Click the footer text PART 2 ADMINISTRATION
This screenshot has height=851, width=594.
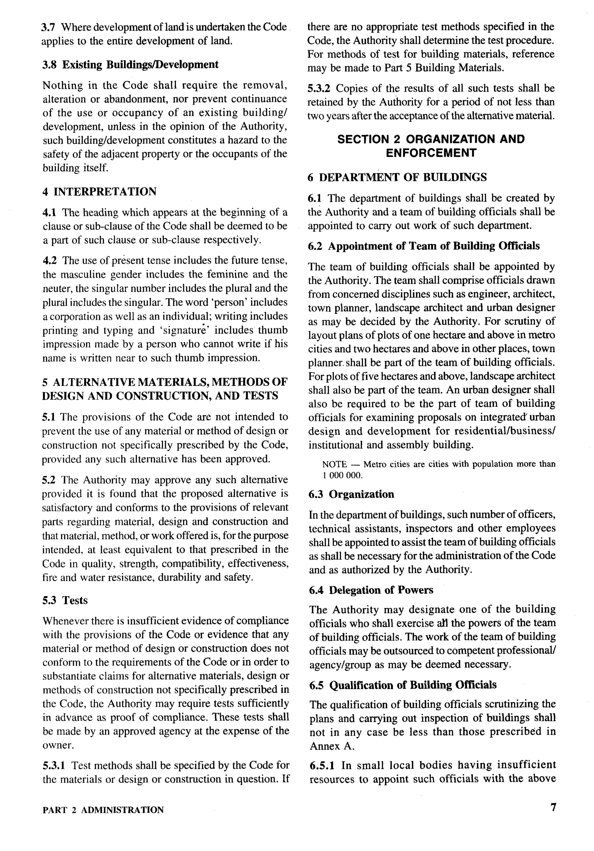click(103, 810)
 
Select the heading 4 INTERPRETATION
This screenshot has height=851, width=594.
click(99, 192)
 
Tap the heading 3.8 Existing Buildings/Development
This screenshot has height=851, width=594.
click(130, 64)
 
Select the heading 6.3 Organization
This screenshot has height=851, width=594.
click(352, 494)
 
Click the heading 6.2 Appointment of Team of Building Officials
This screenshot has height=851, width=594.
click(424, 246)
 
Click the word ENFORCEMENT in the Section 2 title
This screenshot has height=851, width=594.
click(431, 153)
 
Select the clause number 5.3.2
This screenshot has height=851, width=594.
click(320, 89)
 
